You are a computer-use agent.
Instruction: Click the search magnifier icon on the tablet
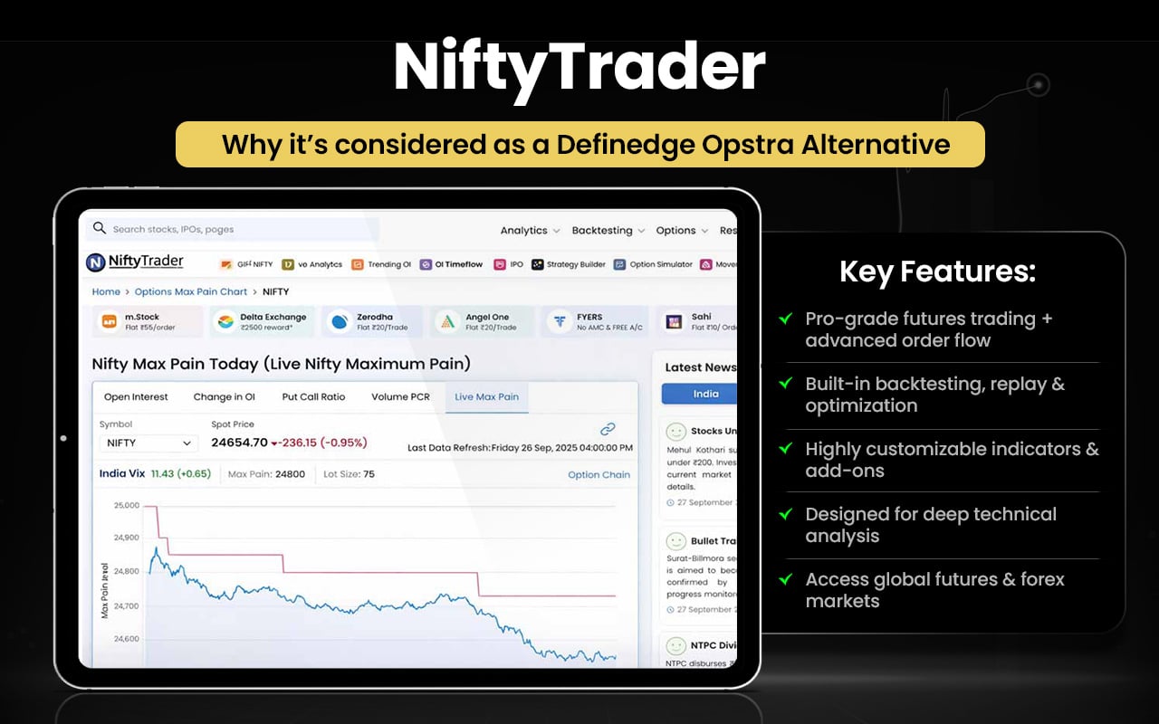click(100, 228)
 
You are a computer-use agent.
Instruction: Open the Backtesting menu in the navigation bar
click(608, 231)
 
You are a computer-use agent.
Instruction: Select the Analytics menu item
click(530, 231)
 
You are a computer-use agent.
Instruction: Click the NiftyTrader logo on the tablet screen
click(135, 262)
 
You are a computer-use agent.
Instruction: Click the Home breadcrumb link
click(106, 291)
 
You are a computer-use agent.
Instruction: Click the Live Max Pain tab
click(486, 396)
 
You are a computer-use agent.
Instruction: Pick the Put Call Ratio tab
click(313, 396)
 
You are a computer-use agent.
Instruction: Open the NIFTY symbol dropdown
click(148, 443)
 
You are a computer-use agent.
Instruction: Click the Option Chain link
click(599, 474)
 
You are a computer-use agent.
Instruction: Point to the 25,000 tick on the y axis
click(127, 505)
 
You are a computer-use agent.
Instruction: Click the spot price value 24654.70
click(239, 443)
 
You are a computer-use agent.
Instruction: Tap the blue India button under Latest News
click(699, 394)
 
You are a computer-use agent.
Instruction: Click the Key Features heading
click(937, 271)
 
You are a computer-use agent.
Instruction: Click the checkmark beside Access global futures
click(786, 579)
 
